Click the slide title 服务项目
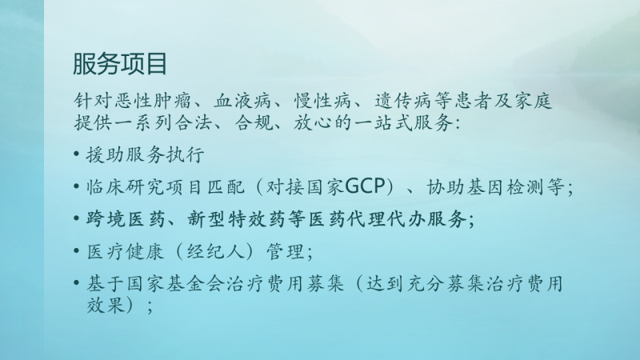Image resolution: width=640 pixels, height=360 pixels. (x=119, y=64)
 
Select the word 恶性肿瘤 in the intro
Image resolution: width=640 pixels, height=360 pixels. (x=154, y=102)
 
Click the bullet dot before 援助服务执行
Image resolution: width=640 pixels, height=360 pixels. (x=76, y=154)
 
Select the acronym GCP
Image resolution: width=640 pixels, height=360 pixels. (x=366, y=186)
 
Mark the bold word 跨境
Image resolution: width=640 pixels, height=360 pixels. (x=106, y=219)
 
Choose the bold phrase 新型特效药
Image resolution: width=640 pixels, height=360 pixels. (x=235, y=219)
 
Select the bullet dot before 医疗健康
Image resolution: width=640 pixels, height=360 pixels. (x=76, y=250)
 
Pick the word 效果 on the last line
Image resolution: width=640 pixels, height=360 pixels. (x=106, y=305)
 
